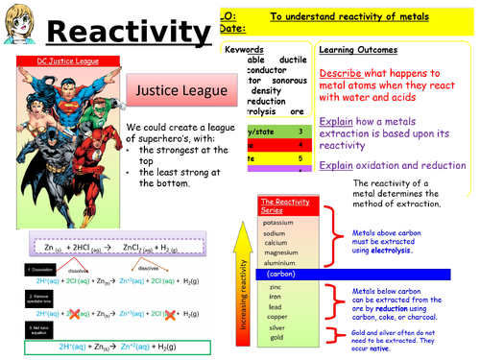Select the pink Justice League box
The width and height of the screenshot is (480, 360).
pyautogui.click(x=180, y=93)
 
